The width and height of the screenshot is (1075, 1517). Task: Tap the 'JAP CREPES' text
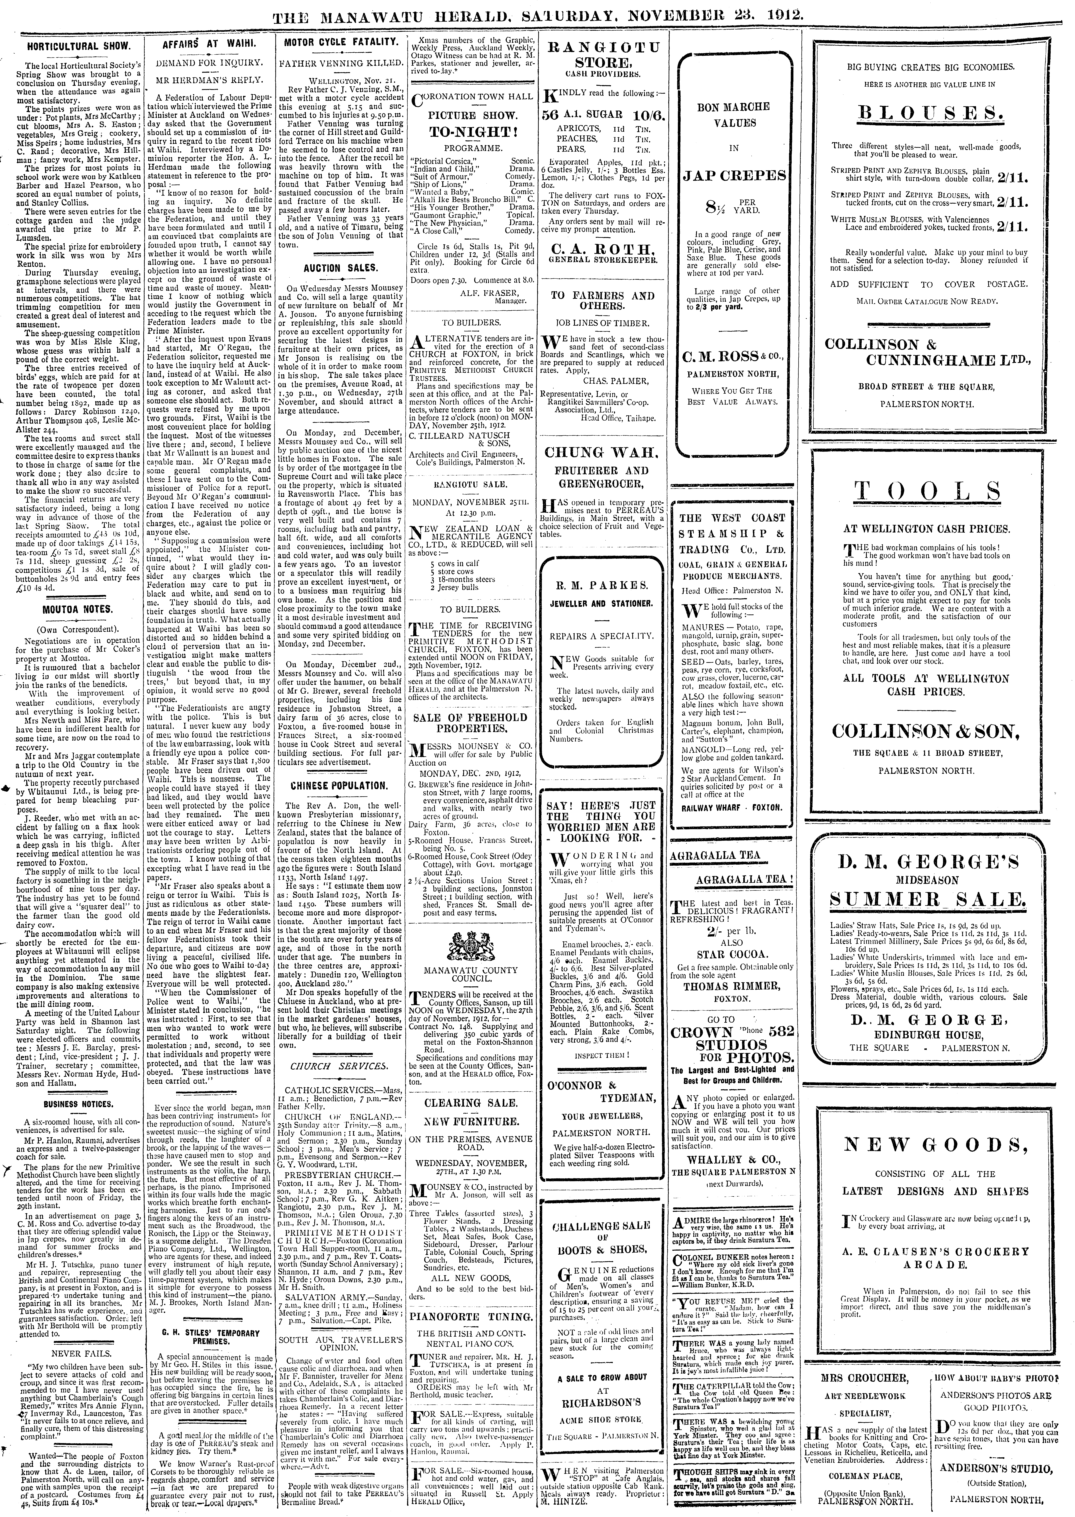tap(735, 175)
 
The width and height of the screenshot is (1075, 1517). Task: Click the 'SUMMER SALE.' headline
tap(928, 900)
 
